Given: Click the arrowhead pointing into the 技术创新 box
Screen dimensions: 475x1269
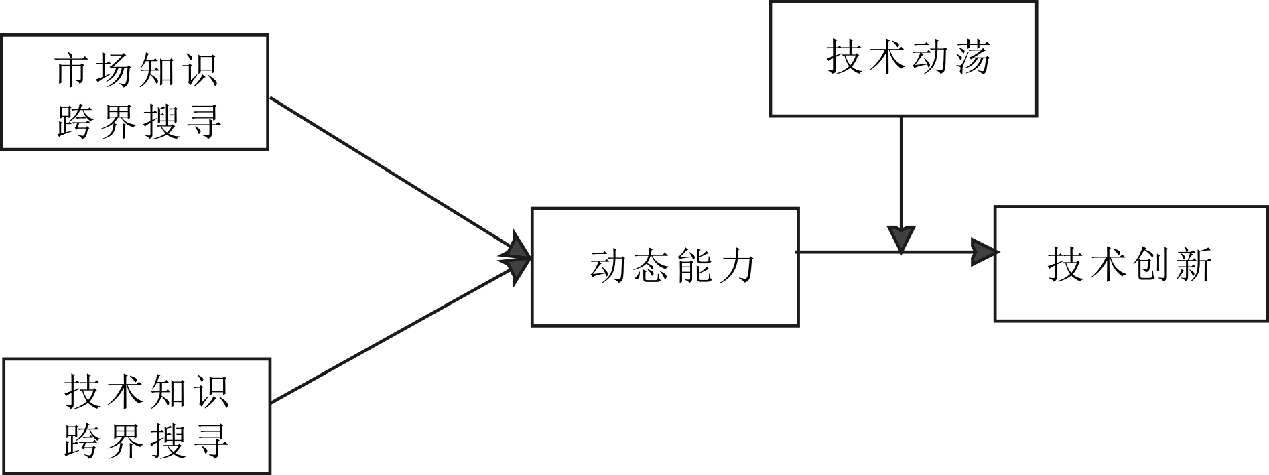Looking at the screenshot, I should pyautogui.click(x=984, y=252).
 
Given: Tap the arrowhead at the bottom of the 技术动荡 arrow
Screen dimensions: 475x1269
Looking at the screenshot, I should pyautogui.click(x=901, y=239).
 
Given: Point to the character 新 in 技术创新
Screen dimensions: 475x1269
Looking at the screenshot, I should pyautogui.click(x=1194, y=264).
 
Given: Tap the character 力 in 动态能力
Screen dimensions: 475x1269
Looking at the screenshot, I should pyautogui.click(x=737, y=266).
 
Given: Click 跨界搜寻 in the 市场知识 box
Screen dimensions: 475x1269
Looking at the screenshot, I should pyautogui.click(x=139, y=122).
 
